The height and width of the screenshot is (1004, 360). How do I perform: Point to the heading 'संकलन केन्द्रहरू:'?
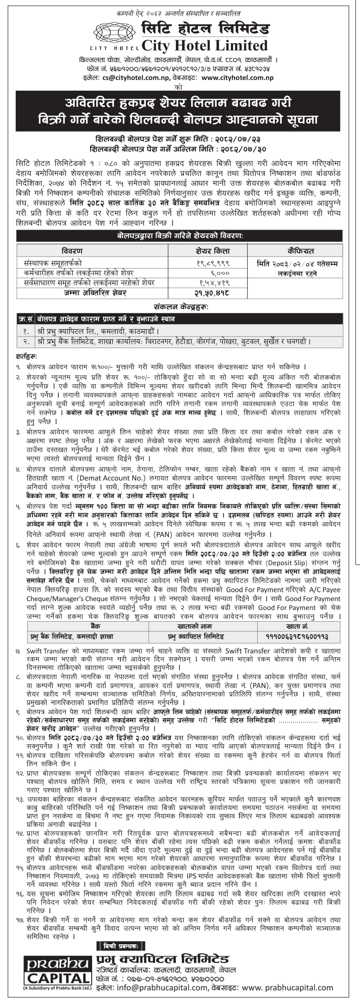(x=180, y=306)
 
